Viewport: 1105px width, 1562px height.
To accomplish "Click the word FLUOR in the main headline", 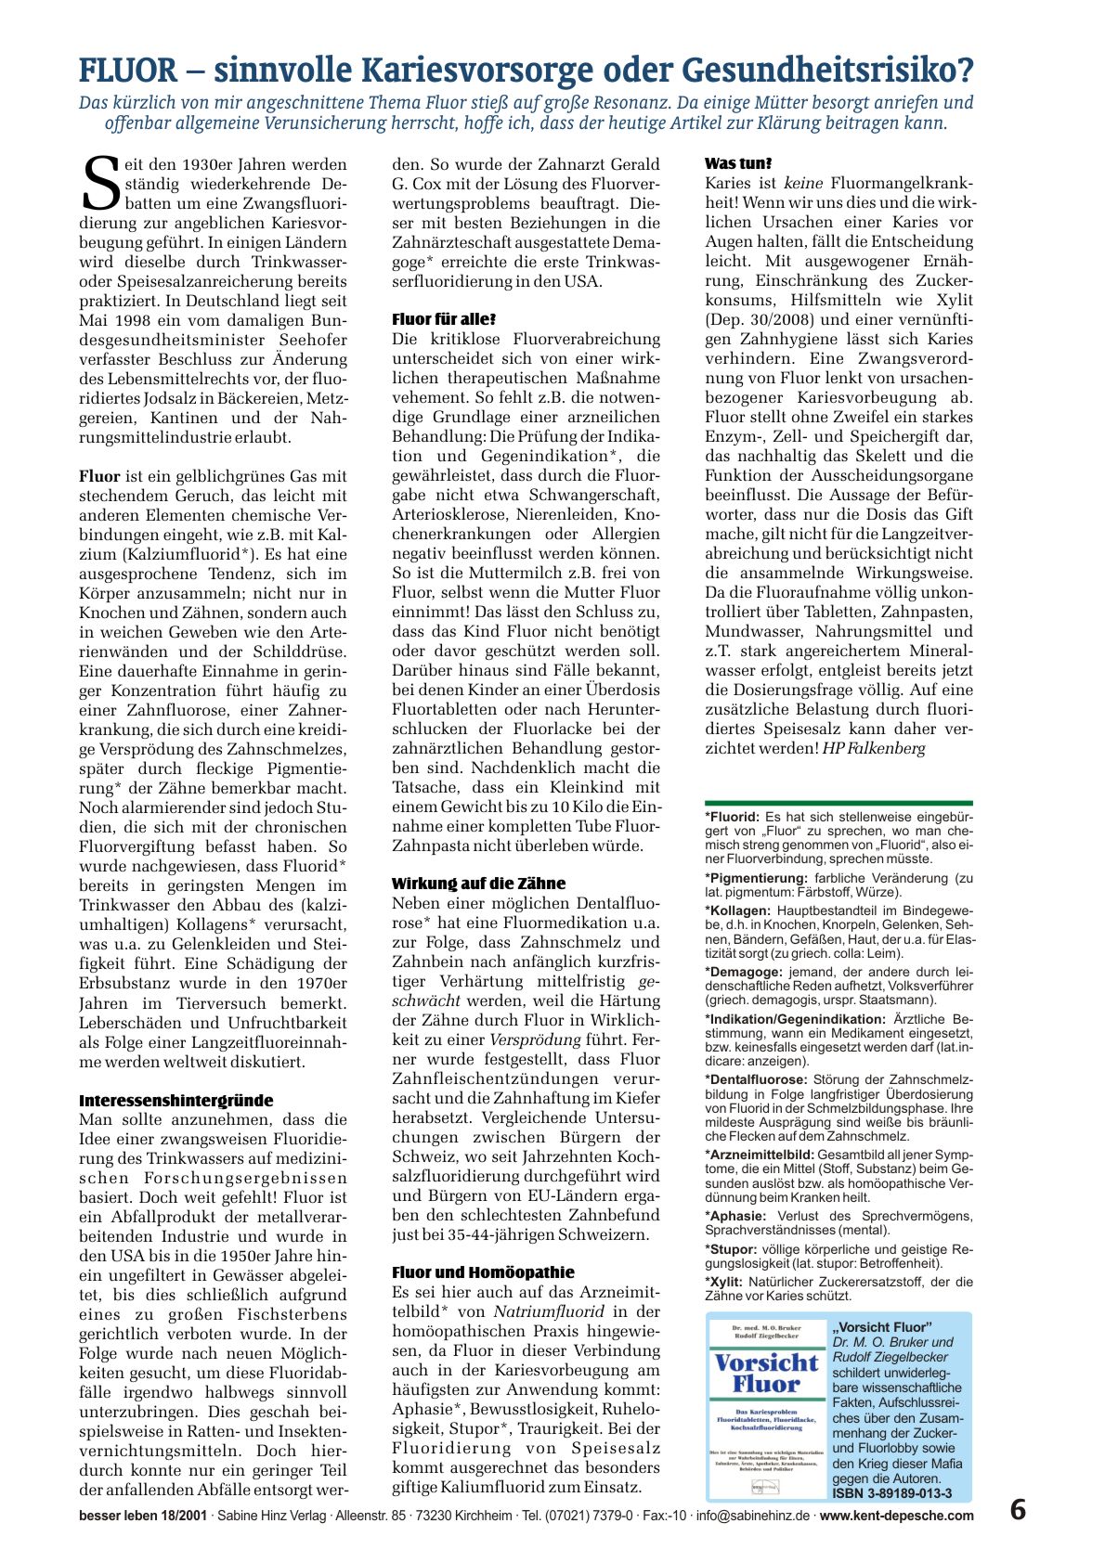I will (127, 71).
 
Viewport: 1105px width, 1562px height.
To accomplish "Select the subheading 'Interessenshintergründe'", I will (175, 1101).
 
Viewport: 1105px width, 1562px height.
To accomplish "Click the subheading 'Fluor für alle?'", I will (444, 319).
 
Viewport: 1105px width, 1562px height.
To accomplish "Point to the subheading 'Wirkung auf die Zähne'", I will (478, 884).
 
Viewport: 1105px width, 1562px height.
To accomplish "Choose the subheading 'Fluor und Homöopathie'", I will (483, 1272).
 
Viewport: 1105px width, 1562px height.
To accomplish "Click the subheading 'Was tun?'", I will (738, 163).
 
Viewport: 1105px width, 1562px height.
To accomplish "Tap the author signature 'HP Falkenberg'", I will (874, 748).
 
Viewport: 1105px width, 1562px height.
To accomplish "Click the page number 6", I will (1018, 1510).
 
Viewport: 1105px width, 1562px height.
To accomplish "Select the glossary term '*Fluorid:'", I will (733, 818).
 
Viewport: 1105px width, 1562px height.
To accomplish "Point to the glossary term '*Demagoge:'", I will (744, 972).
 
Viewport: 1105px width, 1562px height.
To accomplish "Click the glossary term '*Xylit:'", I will (725, 1282).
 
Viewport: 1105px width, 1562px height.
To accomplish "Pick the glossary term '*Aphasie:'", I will (735, 1216).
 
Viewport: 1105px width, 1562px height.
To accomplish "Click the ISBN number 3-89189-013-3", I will (892, 1493).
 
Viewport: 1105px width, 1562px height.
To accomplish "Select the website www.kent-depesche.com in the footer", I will (897, 1516).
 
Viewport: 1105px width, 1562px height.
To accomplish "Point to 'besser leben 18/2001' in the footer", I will (142, 1516).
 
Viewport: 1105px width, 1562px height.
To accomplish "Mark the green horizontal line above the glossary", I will (838, 803).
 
